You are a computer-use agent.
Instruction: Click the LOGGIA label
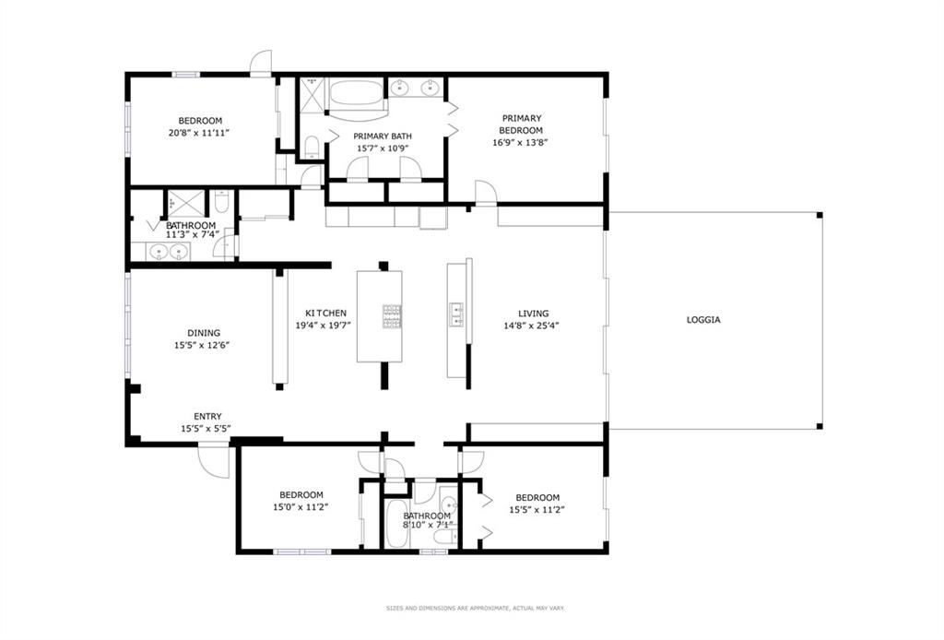point(703,320)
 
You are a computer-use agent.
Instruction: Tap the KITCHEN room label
point(325,313)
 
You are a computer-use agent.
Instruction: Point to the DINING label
point(204,333)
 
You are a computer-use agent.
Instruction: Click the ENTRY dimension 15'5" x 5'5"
point(206,429)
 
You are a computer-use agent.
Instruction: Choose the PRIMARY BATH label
point(383,136)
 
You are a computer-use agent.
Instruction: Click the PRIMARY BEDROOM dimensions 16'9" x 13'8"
point(520,143)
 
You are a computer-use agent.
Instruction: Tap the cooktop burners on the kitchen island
point(392,316)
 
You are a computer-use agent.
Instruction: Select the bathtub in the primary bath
point(357,94)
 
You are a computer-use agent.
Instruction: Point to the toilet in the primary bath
point(312,147)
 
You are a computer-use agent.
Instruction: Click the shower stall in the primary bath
point(313,94)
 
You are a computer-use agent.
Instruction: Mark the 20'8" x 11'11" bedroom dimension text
point(200,133)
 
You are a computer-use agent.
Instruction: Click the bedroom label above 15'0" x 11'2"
point(301,495)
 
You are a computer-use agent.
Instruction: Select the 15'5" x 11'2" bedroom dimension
point(537,509)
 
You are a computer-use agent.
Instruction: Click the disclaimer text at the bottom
point(476,609)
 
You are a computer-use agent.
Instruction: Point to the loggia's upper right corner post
point(819,215)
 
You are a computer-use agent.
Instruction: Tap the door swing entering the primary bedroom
point(485,193)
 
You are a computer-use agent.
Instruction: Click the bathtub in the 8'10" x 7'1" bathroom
point(395,523)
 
